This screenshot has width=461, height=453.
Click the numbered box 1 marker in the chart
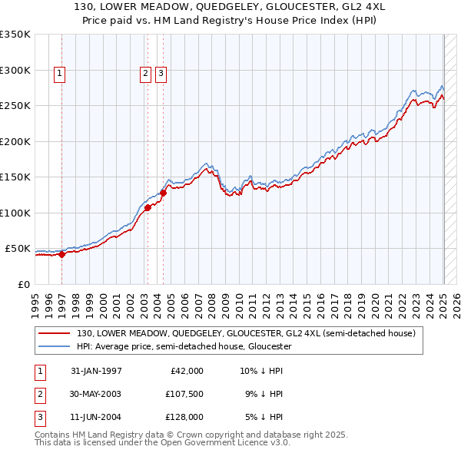pos(60,74)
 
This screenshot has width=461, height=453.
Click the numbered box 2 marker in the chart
pos(145,74)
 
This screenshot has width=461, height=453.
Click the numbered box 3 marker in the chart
pos(161,74)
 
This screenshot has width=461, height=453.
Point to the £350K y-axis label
pos(15,35)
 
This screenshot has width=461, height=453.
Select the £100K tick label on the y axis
pos(15,213)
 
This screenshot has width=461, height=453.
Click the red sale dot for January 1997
pos(62,255)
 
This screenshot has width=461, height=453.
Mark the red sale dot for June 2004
pos(163,193)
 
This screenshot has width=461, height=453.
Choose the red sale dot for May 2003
pos(148,207)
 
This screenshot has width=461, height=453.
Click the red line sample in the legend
pos(55,333)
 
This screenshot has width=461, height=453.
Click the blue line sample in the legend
pos(55,346)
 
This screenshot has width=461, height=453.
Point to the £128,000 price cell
pos(184,417)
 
